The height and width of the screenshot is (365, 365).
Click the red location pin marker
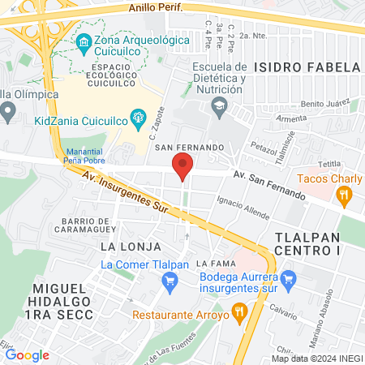point(182,168)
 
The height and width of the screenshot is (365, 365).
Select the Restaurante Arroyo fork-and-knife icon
point(238,310)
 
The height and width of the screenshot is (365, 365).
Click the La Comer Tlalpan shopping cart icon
point(170,281)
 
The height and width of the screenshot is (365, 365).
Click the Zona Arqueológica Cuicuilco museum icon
point(83,41)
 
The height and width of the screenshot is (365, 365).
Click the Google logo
point(27,354)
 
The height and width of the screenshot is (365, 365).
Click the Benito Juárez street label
point(323,105)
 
